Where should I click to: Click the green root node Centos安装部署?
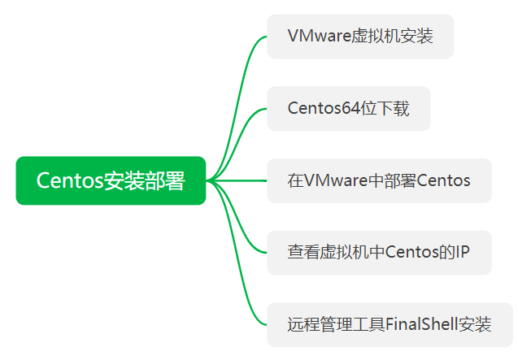coord(111,180)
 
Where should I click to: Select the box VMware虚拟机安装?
coord(359,37)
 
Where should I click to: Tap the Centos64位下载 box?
coord(348,109)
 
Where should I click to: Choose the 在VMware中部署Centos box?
coord(379,180)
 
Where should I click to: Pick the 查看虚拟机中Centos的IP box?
coord(379,253)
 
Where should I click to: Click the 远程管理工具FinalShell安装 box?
coord(390,325)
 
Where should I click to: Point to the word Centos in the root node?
coord(69,180)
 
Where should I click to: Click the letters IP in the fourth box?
coord(462,253)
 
